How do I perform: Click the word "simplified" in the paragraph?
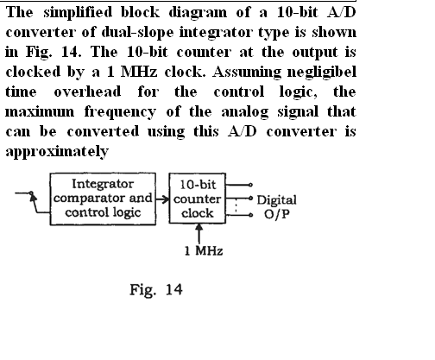coord(78,13)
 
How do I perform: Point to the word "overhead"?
coord(87,92)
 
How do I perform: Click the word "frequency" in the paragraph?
coord(120,112)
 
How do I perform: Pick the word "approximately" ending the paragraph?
coord(57,151)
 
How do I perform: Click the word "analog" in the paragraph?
coord(245,112)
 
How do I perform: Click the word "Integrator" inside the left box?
coord(103,184)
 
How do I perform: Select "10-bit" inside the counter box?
coord(198,185)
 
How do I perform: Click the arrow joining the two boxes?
coord(162,199)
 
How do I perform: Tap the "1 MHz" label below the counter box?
coord(204,251)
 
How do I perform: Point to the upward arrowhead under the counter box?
coord(199,227)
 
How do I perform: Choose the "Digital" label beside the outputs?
coord(276,200)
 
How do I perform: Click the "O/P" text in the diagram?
coord(277,214)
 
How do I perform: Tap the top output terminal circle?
coord(250,185)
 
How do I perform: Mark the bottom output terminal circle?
coord(251,215)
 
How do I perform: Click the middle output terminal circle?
coord(251,199)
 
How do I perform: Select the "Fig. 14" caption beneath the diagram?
coord(156,289)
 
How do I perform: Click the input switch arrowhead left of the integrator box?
coord(34,197)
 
